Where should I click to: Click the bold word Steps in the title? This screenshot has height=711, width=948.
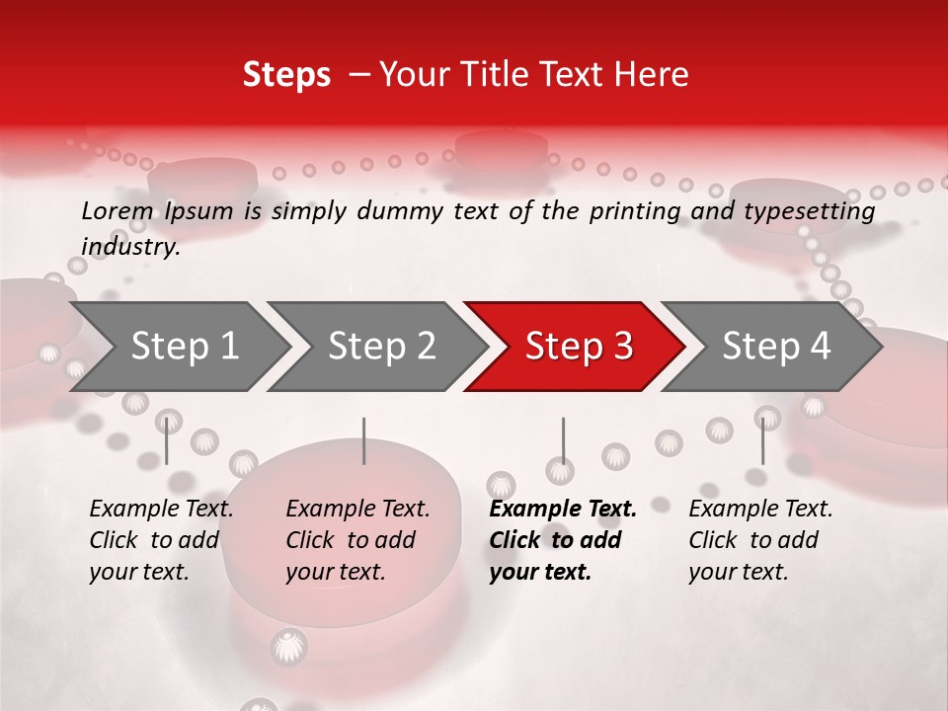[286, 75]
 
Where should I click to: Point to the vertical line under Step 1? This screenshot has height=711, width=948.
[167, 440]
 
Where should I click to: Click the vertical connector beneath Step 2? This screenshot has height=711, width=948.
[364, 440]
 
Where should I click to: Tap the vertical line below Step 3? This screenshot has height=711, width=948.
[563, 440]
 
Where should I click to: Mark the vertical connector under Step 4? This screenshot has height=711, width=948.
[762, 440]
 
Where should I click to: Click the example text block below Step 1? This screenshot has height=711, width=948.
[161, 540]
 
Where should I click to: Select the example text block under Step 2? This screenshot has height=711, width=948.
[357, 540]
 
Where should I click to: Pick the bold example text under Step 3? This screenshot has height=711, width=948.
[563, 540]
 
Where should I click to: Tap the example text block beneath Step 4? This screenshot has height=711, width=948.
[760, 540]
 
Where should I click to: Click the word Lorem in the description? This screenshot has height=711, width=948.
[118, 211]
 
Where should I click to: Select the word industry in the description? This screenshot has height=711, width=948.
[130, 247]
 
